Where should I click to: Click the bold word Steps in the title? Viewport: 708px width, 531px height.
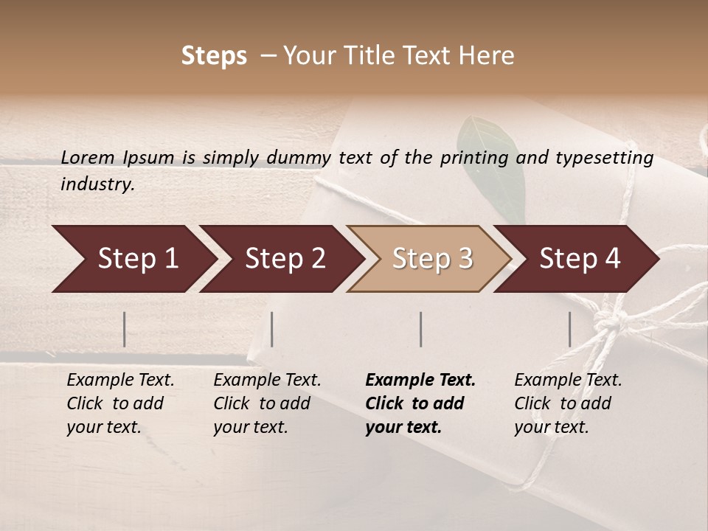pos(214,56)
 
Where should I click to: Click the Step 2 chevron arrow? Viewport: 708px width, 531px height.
pos(280,259)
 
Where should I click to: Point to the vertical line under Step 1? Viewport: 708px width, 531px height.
pos(125,329)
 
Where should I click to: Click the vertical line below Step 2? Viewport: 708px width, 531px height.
pos(272,329)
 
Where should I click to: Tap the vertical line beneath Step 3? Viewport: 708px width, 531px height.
pos(421,329)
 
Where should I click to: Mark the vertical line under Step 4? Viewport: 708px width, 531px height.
pos(569,329)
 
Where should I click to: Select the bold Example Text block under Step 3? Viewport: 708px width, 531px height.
pos(420,403)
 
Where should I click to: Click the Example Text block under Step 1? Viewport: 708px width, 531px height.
pos(120,403)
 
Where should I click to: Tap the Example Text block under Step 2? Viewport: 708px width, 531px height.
pos(267,403)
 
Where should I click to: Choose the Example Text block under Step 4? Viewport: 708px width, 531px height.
pos(568,403)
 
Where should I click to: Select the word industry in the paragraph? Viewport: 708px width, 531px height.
pos(97,184)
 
